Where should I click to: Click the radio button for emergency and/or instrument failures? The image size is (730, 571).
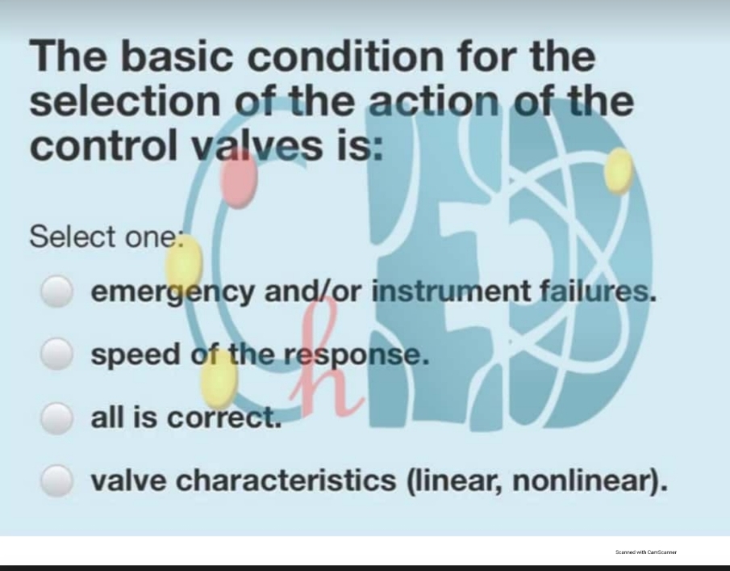coord(56,292)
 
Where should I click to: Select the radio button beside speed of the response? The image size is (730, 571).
coord(56,354)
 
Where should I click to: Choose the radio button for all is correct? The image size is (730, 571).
coord(56,418)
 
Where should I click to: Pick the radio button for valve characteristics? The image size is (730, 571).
coord(56,481)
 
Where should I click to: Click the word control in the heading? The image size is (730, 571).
coord(102,146)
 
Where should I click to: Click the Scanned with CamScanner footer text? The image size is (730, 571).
coord(645,552)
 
